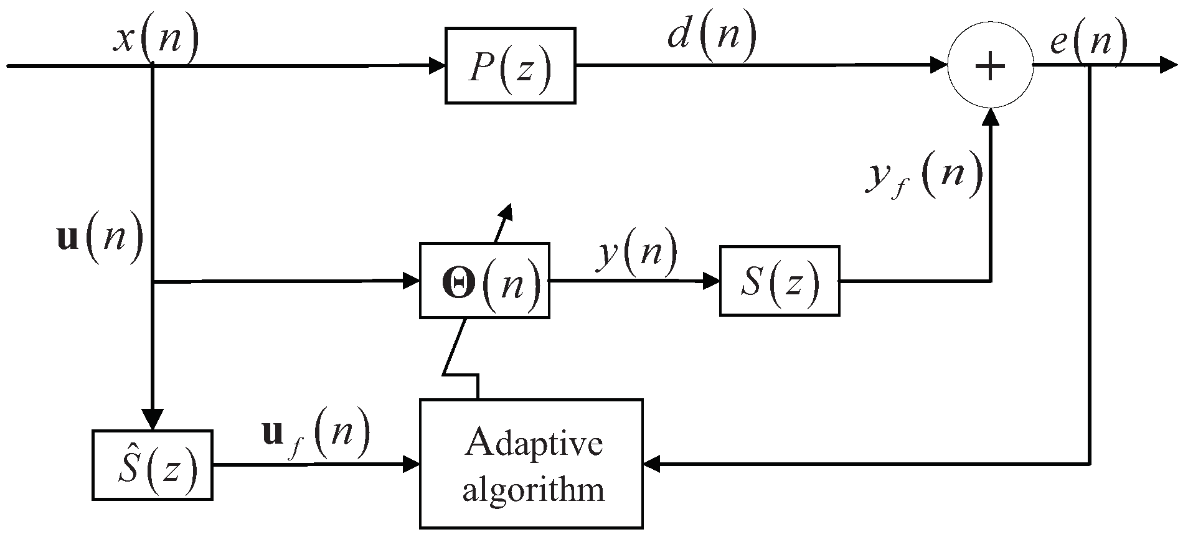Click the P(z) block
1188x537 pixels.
pos(510,65)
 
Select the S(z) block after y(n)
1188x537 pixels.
pos(779,281)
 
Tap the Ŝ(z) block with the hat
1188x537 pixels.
pos(153,465)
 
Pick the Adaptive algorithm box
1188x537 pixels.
pos(531,464)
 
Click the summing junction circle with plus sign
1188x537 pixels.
pos(990,66)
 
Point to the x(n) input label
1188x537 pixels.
pos(157,40)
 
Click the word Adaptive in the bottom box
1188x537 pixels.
pos(534,444)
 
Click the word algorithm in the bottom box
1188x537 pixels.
pos(534,489)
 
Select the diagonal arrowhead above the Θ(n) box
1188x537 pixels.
pos(506,212)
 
